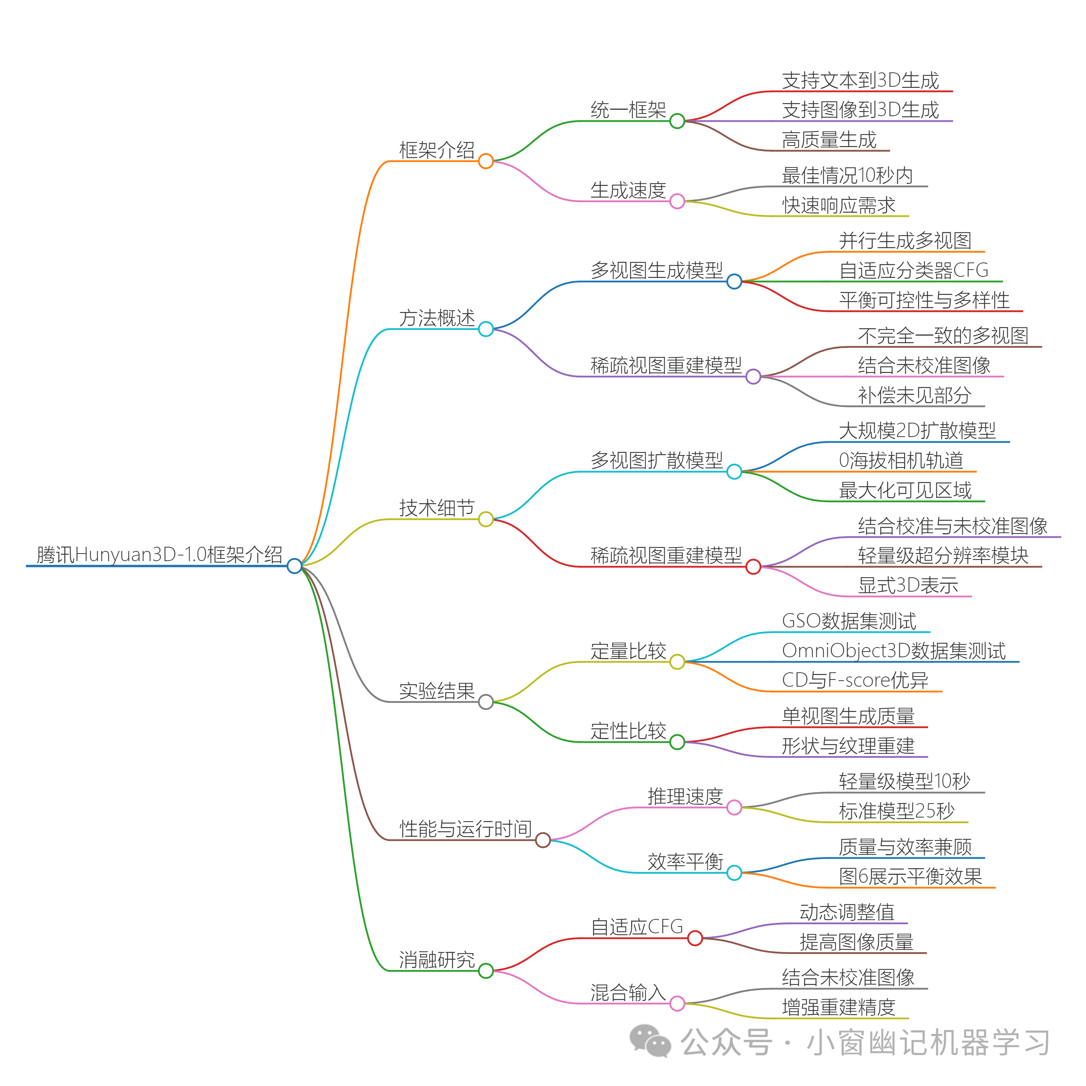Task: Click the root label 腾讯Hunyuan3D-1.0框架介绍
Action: pos(159,554)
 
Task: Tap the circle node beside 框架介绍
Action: pos(486,161)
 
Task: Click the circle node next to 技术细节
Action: pos(486,519)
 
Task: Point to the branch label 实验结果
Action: pos(437,690)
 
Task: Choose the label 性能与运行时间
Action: pos(465,828)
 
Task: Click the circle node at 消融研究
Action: pos(486,971)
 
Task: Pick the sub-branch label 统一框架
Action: pos(628,110)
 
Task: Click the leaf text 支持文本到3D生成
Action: pos(860,80)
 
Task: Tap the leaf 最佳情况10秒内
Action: pos(847,175)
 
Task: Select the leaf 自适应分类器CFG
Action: pos(913,270)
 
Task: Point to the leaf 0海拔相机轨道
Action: pos(900,460)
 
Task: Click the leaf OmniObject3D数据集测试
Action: pos(893,650)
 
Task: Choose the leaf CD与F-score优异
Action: pos(854,680)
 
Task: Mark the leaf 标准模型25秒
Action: pos(897,811)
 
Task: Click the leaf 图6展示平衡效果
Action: pos(910,876)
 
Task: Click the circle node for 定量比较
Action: pos(677,662)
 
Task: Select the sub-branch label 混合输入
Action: pos(628,992)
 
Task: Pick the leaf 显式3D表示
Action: pos(907,585)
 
